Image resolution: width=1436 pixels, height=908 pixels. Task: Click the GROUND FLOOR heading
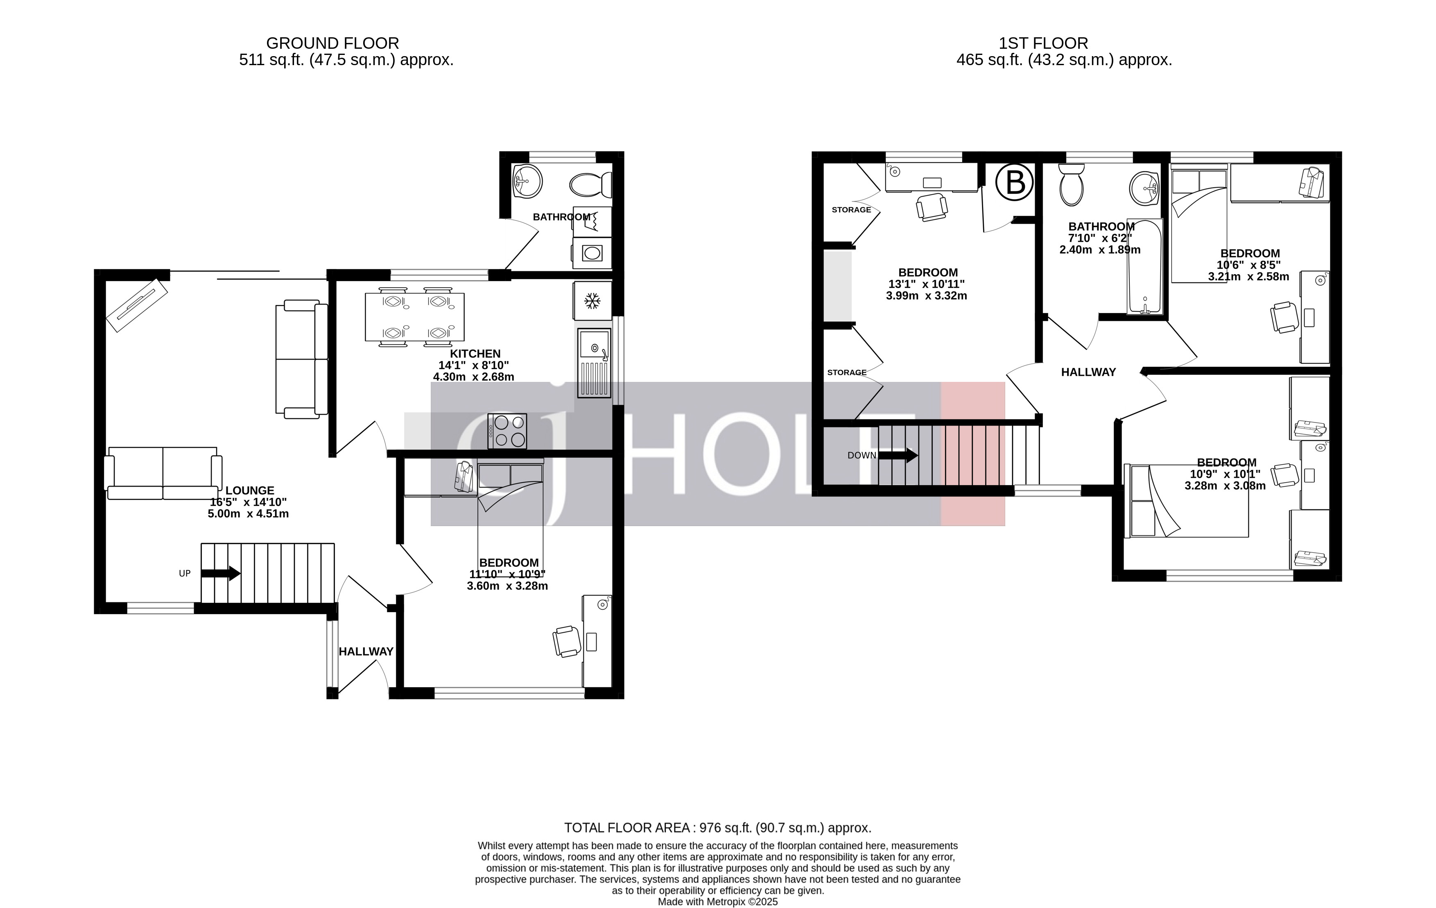click(x=332, y=43)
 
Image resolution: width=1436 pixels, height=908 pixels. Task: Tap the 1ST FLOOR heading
click(x=1043, y=43)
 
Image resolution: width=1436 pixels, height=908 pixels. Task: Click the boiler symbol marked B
click(x=1014, y=183)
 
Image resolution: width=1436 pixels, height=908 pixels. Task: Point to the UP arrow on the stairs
click(x=221, y=573)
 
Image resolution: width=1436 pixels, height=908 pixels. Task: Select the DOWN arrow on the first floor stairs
click(x=898, y=455)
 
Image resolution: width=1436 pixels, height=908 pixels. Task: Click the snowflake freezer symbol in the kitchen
click(x=592, y=301)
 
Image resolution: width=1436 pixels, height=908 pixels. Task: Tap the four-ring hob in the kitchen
click(x=507, y=431)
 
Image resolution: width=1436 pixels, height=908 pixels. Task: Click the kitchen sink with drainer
click(x=594, y=363)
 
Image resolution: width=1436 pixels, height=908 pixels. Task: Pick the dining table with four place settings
click(x=414, y=317)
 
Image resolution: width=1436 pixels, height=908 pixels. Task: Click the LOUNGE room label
click(x=249, y=490)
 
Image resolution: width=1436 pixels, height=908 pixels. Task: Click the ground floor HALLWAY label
click(x=366, y=651)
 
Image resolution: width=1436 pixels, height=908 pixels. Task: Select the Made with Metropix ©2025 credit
click(x=717, y=901)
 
